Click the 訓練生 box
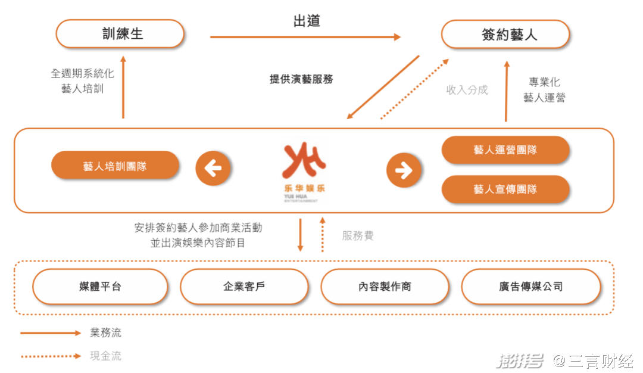pos(120,33)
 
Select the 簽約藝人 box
pos(505,34)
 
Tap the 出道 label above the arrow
pos(307,21)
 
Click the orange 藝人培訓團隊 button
pos(116,166)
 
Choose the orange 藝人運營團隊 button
pos(505,150)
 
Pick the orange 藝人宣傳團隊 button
pos(505,189)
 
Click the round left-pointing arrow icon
pos(213,168)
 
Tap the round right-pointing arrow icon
pos(404,170)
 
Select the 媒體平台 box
pos(101,287)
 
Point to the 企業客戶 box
pos(245,287)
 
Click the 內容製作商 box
pos(385,287)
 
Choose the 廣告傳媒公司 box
pos(531,287)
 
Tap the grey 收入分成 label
pos(467,90)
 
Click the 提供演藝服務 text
pos(301,79)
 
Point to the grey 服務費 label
pos(358,235)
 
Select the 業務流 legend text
pos(106,332)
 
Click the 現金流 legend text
pos(106,356)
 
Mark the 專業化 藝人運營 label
pos(544,89)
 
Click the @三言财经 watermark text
pos(594,360)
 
